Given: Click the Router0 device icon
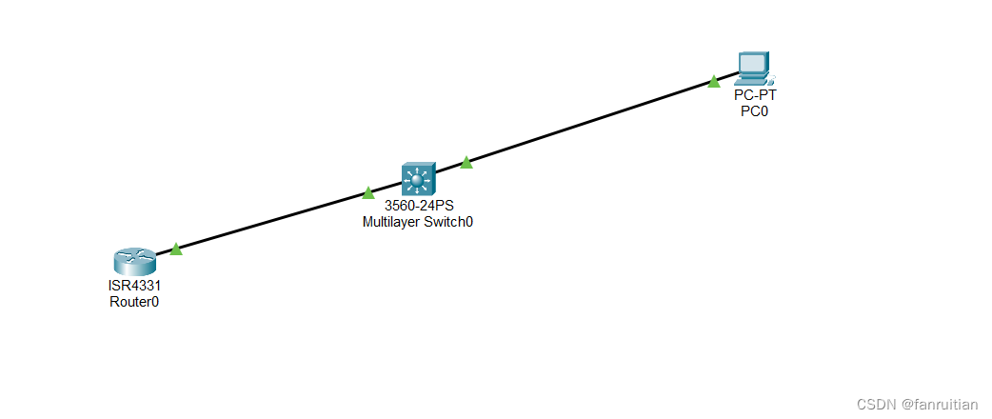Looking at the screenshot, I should coord(133,261).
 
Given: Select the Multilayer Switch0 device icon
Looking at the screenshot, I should coord(417,179).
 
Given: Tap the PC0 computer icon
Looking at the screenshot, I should coord(753,69).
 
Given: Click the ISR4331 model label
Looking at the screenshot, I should coord(134,286).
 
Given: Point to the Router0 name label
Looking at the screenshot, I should coord(134,302).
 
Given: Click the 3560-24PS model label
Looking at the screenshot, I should coord(418,206).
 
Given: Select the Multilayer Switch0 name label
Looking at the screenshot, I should coord(418,222).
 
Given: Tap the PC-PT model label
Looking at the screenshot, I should coord(754,95).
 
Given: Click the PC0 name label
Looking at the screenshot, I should coord(754,111).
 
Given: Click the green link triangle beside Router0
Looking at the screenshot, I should coord(175,249).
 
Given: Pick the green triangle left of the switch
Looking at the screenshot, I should coord(368,193).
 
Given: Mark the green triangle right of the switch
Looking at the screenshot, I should coord(466,163).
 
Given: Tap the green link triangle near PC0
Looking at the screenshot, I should coord(713,82).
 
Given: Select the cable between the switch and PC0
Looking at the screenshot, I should coord(590,122).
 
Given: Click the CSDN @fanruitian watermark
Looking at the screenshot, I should coord(917,404).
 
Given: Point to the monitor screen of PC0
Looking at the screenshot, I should coord(753,64).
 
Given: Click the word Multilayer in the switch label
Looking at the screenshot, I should coord(392,222).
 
